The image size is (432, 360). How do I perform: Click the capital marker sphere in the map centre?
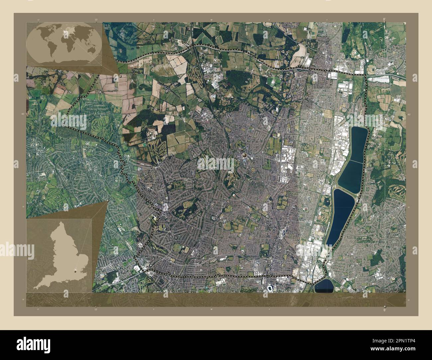(245, 155)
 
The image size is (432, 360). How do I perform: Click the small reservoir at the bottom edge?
(324, 285)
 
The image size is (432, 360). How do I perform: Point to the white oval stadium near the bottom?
(270, 288)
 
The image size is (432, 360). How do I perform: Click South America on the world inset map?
(48, 52)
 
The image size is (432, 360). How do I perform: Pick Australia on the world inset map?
(87, 53)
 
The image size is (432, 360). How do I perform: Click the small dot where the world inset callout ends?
(120, 76)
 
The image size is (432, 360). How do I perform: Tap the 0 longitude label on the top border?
(384, 19)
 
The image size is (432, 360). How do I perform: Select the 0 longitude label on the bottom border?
(384, 310)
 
